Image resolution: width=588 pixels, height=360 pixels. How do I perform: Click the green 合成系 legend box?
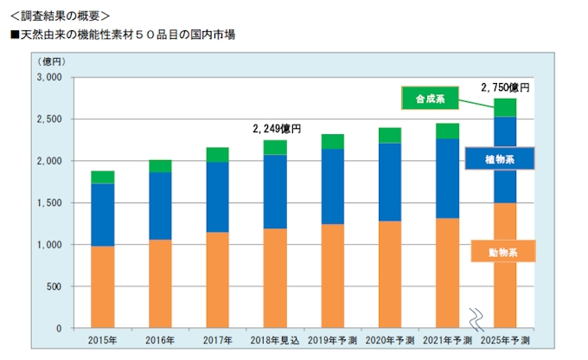click(x=430, y=99)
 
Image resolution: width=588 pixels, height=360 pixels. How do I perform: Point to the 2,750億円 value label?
click(x=504, y=87)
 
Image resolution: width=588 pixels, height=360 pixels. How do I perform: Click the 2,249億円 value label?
click(x=276, y=128)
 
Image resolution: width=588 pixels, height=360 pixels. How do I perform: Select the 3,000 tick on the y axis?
click(x=48, y=77)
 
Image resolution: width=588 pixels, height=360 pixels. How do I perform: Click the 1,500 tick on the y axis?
click(x=48, y=203)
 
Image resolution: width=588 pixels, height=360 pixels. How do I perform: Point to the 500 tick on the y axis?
click(x=54, y=286)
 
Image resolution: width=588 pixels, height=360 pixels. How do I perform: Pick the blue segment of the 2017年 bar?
click(x=218, y=196)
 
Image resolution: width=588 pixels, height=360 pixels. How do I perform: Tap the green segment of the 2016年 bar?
click(x=161, y=166)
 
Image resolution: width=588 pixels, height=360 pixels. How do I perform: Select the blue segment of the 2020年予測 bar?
click(x=390, y=182)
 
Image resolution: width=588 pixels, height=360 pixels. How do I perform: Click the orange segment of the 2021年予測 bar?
click(x=447, y=273)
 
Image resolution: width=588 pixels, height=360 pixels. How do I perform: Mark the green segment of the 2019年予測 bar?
click(x=333, y=141)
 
